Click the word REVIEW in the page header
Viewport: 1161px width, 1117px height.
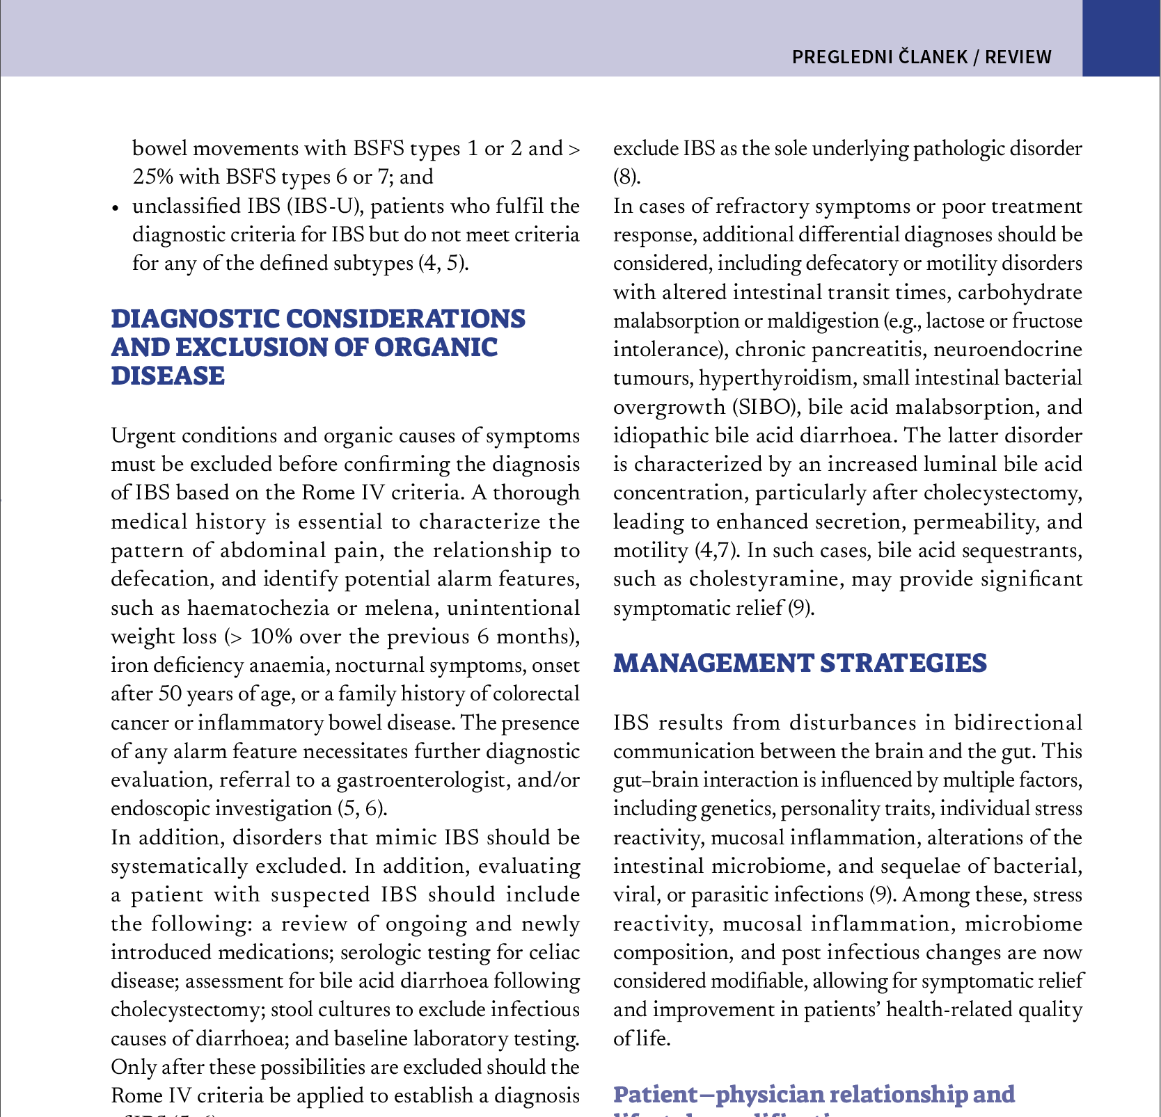1018,57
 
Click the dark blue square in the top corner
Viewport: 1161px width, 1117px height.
1121,38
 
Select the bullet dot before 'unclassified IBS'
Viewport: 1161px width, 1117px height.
116,208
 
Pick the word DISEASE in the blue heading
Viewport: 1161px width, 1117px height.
168,376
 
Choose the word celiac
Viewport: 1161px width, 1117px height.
555,952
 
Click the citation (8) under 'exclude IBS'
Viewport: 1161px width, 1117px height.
626,177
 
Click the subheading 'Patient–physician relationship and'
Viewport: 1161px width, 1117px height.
814,1095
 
